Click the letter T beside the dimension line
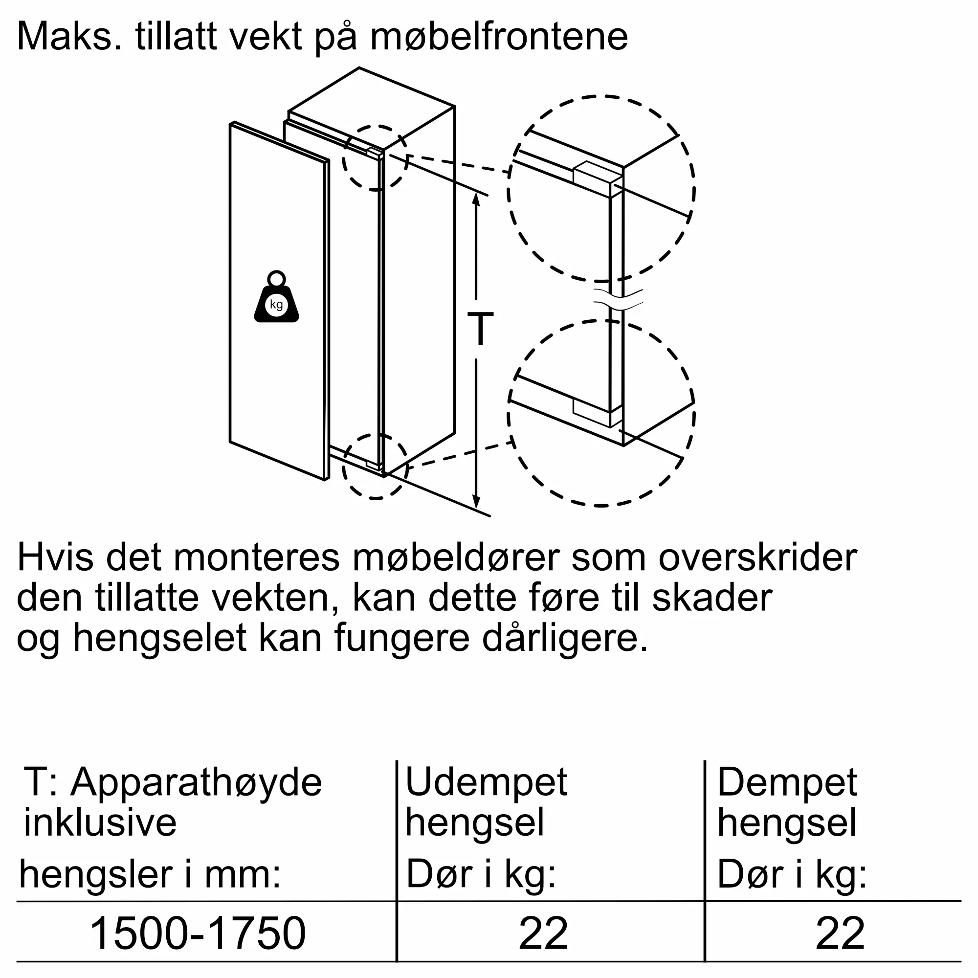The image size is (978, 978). tap(480, 329)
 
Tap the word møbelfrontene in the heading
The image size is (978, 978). tap(499, 37)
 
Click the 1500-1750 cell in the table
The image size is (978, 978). tap(198, 933)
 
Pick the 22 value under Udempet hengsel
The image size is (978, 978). tap(543, 933)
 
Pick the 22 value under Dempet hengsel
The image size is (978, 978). tap(840, 933)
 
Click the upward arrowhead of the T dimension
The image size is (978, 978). tap(476, 199)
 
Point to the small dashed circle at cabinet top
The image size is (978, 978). tap(375, 158)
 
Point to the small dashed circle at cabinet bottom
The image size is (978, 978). tap(375, 466)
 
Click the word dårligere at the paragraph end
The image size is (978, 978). tap(565, 638)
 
